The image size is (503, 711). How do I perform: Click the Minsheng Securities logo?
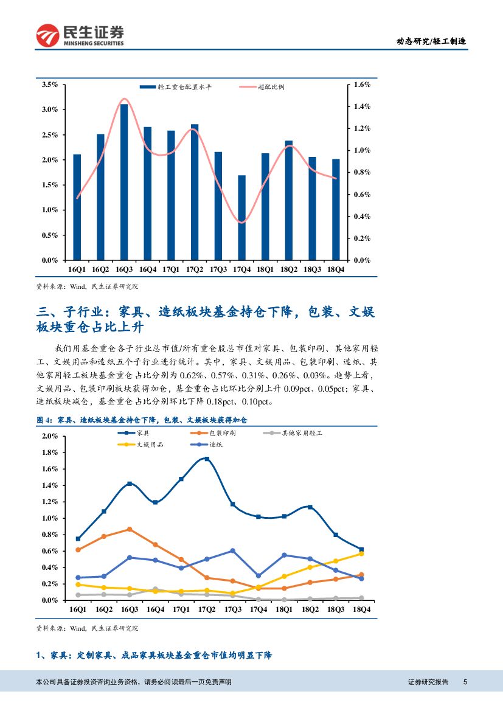point(80,35)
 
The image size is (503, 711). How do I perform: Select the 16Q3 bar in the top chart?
point(124,182)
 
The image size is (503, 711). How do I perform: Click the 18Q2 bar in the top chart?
point(289,200)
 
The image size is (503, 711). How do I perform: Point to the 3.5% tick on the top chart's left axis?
point(49,85)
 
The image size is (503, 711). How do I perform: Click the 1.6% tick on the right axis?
point(363,85)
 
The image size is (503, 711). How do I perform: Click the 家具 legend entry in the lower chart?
point(144,433)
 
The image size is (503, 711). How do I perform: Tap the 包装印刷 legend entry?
point(223,433)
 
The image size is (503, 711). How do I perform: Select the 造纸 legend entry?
point(217,445)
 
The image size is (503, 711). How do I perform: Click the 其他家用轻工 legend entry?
point(301,433)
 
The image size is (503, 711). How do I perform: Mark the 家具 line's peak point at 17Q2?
point(207,459)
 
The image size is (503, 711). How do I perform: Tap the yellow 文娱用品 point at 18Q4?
point(361,553)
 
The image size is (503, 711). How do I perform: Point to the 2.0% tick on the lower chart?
point(49,436)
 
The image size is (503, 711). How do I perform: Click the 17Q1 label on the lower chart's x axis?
point(181,609)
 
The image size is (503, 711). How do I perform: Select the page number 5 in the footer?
point(465,682)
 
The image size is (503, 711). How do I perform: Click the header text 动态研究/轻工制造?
point(431,41)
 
